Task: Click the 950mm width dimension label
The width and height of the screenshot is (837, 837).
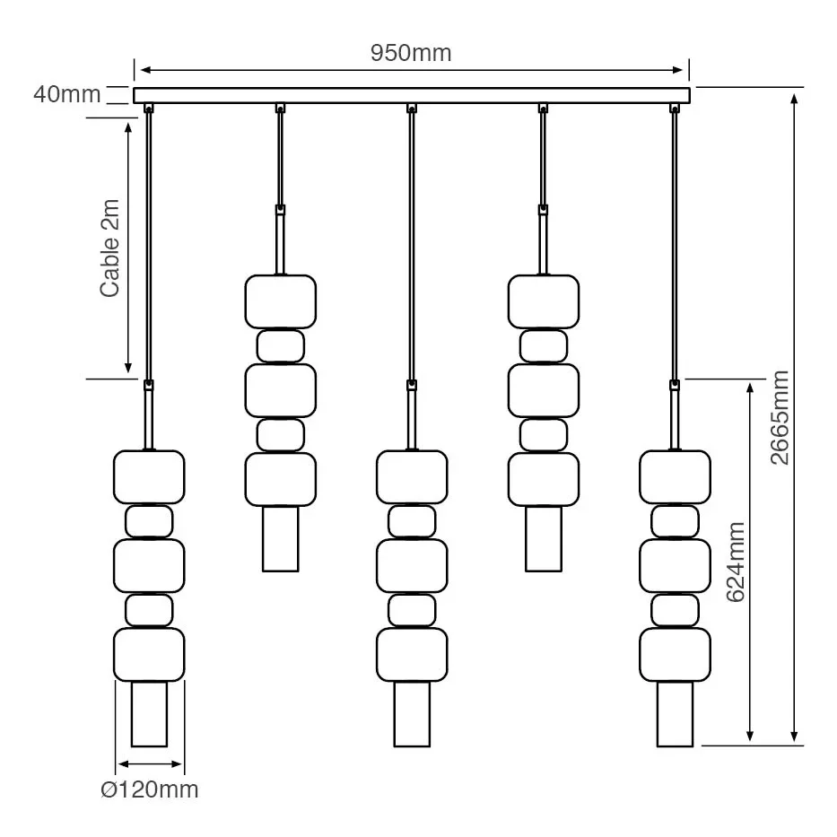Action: (x=411, y=53)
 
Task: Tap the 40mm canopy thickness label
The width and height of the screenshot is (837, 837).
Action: (x=66, y=93)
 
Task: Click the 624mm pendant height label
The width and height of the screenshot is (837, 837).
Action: (x=736, y=562)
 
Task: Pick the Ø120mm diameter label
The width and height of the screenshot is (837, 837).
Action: (x=149, y=789)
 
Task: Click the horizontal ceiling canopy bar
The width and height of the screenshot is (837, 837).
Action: (x=412, y=95)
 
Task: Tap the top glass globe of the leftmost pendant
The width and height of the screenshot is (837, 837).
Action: (x=149, y=476)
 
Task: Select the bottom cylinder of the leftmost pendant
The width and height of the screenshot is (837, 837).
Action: (x=149, y=714)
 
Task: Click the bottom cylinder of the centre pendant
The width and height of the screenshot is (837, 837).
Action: (x=412, y=714)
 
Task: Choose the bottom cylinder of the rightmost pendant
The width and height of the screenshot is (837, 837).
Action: (x=675, y=714)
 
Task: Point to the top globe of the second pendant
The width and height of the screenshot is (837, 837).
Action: (x=281, y=301)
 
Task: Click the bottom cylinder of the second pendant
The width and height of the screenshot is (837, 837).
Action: (x=281, y=538)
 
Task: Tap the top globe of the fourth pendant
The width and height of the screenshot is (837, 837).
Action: (x=544, y=301)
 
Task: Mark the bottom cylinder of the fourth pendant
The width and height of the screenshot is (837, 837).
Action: (x=544, y=538)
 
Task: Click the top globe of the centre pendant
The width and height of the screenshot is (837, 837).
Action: (x=412, y=476)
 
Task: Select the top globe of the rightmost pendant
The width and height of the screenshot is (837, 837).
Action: (x=675, y=476)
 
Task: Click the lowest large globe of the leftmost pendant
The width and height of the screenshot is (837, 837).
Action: (x=149, y=654)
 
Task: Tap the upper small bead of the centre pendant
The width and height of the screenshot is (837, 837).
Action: (x=412, y=521)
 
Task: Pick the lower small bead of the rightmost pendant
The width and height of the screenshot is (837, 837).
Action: (x=675, y=610)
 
